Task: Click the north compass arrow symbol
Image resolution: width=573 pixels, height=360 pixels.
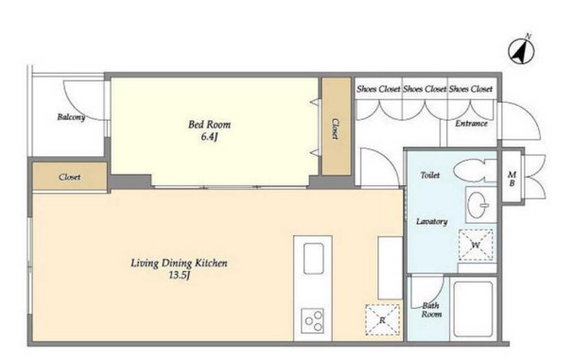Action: pos(522,51)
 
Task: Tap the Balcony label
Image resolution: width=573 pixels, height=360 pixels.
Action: pos(71,117)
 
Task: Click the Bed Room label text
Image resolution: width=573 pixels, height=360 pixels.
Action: pos(209,125)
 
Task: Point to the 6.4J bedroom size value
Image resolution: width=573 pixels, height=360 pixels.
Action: pos(209,137)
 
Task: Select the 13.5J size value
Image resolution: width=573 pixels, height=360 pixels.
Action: pos(179,275)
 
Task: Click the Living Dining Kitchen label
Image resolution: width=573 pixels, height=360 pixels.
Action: pos(179,263)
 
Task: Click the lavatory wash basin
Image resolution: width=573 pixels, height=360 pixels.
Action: pos(478,205)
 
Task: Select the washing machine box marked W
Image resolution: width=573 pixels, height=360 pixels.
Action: pos(476,245)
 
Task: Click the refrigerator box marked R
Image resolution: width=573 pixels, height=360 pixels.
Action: pos(382,319)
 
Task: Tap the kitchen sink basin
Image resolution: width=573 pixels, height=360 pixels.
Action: pos(314,259)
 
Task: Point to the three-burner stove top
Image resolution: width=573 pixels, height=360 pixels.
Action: pos(313,321)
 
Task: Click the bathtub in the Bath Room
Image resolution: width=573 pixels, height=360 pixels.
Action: pos(473,309)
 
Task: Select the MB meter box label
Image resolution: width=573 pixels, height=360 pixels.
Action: pos(512,179)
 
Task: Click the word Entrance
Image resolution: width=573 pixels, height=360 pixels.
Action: pos(472,124)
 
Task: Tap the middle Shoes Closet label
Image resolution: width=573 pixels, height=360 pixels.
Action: pos(425,89)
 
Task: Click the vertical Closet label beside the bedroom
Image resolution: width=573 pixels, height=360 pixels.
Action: pos(335,129)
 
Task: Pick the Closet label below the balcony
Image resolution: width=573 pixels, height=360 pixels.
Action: pos(69,178)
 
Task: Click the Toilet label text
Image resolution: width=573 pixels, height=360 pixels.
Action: pos(430,175)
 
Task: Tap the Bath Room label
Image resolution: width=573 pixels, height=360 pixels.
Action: pos(431,310)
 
